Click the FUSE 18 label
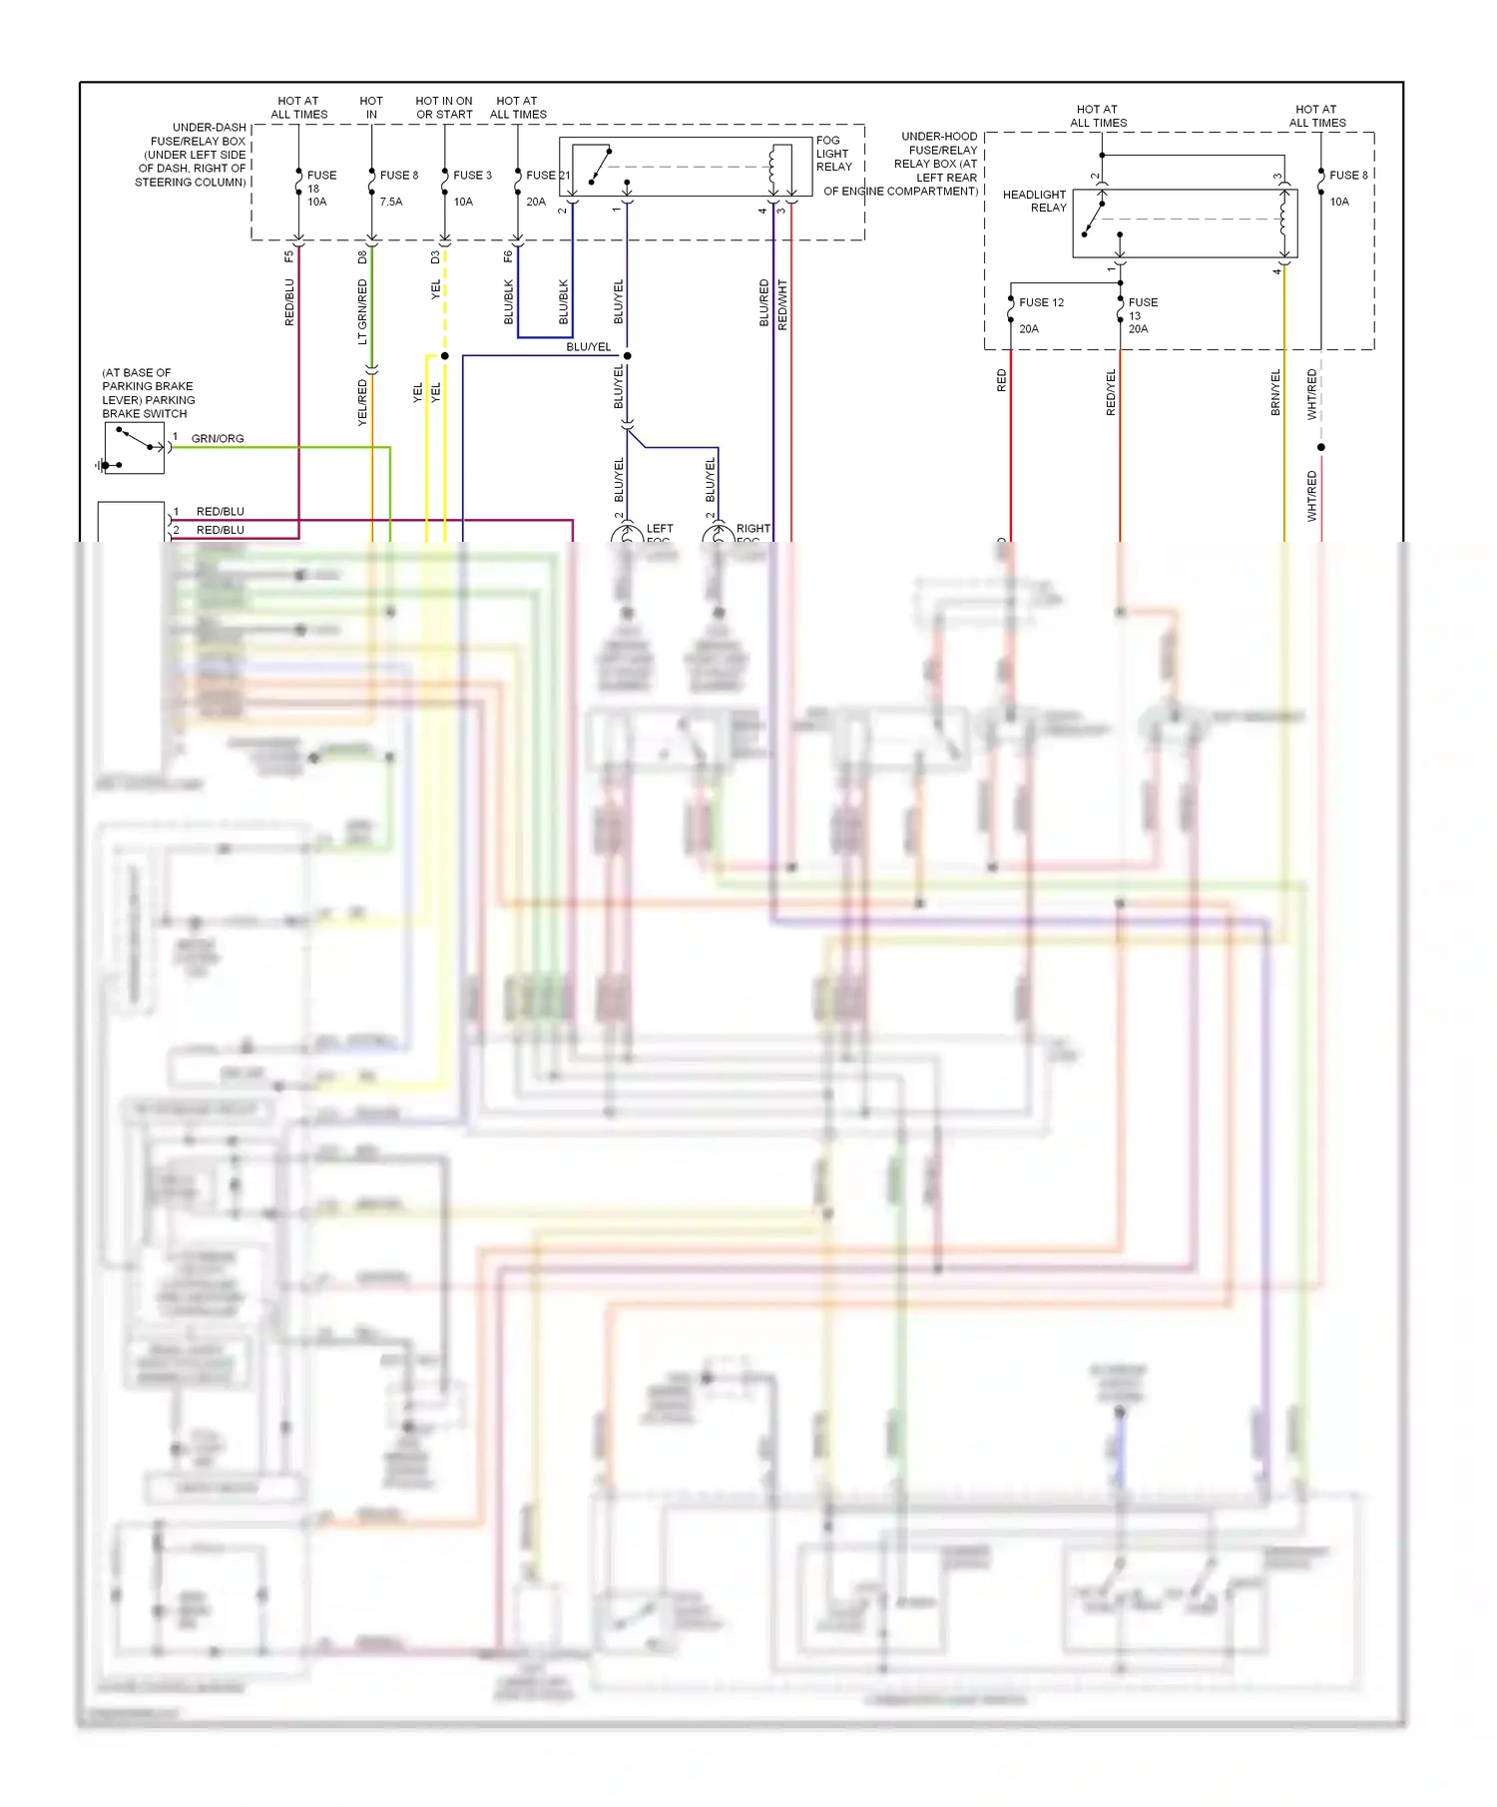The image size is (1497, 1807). tap(320, 188)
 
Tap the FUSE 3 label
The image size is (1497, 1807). tap(472, 176)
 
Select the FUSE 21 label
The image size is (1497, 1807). tap(547, 176)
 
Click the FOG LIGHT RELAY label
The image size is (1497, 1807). tap(833, 154)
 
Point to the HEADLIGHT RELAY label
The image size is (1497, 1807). tap(1035, 201)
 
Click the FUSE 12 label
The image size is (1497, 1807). tap(1041, 302)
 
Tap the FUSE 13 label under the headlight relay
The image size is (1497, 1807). tap(1142, 314)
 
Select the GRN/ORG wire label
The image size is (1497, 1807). tap(218, 439)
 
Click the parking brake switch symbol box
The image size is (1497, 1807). tap(134, 448)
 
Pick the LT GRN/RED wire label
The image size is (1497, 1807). tap(362, 311)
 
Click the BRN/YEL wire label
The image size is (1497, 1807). tap(1275, 392)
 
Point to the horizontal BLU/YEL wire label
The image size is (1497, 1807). tap(588, 347)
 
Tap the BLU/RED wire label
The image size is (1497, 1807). tap(764, 302)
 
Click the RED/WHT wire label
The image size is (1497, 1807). tap(782, 304)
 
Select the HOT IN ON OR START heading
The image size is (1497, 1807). tap(444, 108)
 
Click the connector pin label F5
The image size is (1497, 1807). tap(289, 256)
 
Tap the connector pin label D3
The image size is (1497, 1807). tap(435, 256)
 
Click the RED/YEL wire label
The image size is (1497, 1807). tap(1111, 392)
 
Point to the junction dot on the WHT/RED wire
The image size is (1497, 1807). tap(1321, 447)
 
